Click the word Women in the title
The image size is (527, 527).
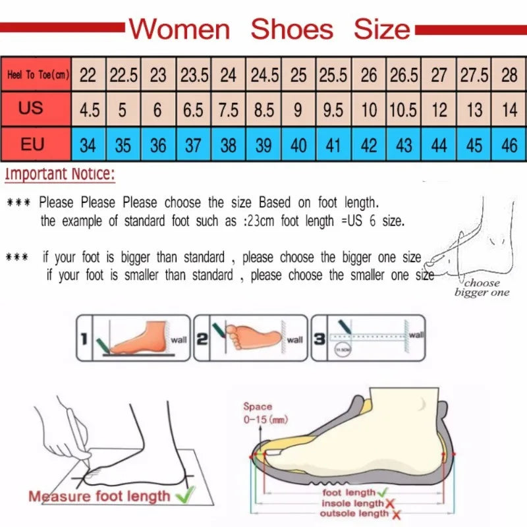pos(179,29)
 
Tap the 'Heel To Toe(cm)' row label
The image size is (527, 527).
pos(38,75)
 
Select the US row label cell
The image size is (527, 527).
pos(31,108)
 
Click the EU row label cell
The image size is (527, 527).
pos(32,144)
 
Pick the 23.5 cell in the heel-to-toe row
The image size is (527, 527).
pos(194,75)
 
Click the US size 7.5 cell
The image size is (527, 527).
pos(228,109)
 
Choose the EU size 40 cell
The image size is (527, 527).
pos(298,144)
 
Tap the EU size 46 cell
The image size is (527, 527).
pos(509,144)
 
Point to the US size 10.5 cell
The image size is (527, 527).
pos(403,109)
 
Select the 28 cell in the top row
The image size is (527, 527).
pos(509,75)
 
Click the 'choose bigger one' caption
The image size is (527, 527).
pos(482,288)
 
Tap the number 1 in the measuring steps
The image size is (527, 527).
pos(84,339)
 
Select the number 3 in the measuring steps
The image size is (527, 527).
pos(319,339)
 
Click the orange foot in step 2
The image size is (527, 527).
pos(254,336)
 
